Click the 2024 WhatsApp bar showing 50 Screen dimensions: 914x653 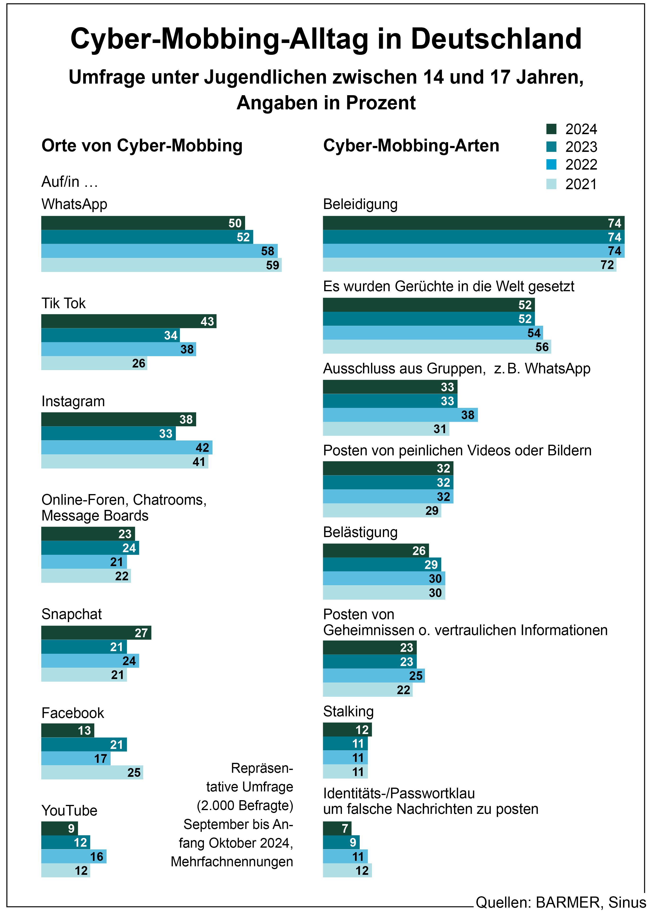pyautogui.click(x=143, y=223)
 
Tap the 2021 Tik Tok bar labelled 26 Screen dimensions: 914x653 pyautogui.click(x=94, y=363)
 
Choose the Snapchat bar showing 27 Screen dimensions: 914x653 pyautogui.click(x=96, y=633)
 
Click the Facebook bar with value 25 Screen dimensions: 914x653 pyautogui.click(x=92, y=772)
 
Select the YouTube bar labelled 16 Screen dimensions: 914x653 pyautogui.click(x=74, y=856)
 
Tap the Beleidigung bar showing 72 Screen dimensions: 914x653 pyautogui.click(x=469, y=265)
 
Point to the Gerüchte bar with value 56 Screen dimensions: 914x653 pyautogui.click(x=437, y=347)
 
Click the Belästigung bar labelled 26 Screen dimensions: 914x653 pyautogui.click(x=376, y=551)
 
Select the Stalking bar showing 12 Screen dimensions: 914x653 pyautogui.click(x=347, y=730)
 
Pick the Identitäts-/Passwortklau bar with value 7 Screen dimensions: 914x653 pyautogui.click(x=337, y=828)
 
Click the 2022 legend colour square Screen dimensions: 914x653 pyautogui.click(x=551, y=164)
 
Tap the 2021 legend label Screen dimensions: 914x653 pyautogui.click(x=581, y=184)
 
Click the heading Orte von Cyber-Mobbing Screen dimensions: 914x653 pyautogui.click(x=142, y=145)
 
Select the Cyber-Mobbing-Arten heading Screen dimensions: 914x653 pyautogui.click(x=411, y=145)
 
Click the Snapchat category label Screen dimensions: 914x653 pyautogui.click(x=72, y=614)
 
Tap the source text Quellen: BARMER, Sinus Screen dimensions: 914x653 pyautogui.click(x=561, y=902)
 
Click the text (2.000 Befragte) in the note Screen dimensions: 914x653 pyautogui.click(x=245, y=805)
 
